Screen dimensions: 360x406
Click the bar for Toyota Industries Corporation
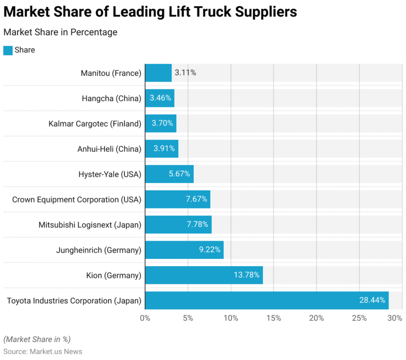pyautogui.click(x=266, y=301)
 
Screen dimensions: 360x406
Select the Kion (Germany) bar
pyautogui.click(x=203, y=275)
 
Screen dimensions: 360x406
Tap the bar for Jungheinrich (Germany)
pyautogui.click(x=184, y=250)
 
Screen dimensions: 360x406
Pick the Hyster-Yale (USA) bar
pyautogui.click(x=169, y=174)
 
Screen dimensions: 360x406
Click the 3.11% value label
pyautogui.click(x=186, y=73)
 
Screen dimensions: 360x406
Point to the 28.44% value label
pyautogui.click(x=372, y=301)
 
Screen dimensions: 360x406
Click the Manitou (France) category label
pyautogui.click(x=111, y=73)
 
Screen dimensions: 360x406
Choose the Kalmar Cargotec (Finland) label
pyautogui.click(x=95, y=124)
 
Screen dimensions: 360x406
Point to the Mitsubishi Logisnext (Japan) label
pyautogui.click(x=90, y=225)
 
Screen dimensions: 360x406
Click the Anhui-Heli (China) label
pyautogui.click(x=109, y=149)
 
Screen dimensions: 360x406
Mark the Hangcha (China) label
pyautogui.click(x=112, y=99)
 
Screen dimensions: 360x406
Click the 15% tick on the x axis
pyautogui.click(x=274, y=318)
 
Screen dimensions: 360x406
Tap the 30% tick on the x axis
pyautogui.click(x=395, y=318)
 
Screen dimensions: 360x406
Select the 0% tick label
pyautogui.click(x=145, y=318)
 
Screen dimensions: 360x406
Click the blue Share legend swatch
pyautogui.click(x=8, y=50)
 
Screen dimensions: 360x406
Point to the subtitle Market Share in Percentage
pyautogui.click(x=60, y=32)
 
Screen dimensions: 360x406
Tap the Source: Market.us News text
pyautogui.click(x=43, y=351)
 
